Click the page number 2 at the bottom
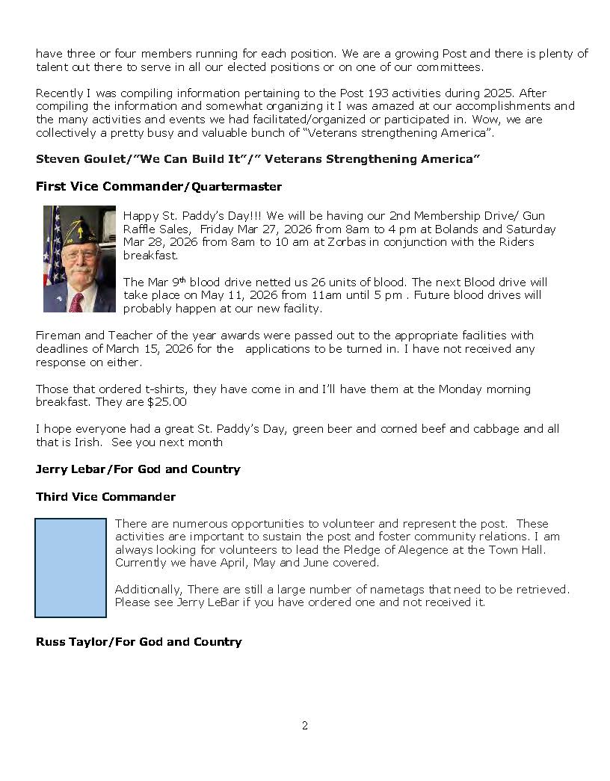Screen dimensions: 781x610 [304, 726]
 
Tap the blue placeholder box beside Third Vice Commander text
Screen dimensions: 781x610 [70, 568]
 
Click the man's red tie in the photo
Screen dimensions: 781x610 [76, 302]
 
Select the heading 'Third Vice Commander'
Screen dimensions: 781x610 [105, 497]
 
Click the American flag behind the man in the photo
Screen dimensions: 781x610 [52, 254]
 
